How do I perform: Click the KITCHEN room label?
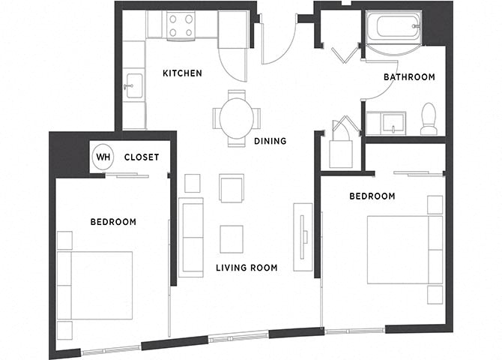click(182, 73)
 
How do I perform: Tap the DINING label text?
click(270, 141)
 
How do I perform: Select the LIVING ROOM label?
click(247, 268)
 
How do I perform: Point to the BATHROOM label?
click(409, 77)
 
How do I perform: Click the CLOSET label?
click(141, 157)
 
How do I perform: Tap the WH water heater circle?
click(103, 157)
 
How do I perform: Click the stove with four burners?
click(181, 26)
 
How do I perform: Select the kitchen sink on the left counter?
click(133, 85)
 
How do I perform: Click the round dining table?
click(237, 118)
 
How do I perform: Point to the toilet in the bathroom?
click(429, 120)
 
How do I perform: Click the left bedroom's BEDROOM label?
click(113, 222)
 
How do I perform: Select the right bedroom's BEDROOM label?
click(372, 196)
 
